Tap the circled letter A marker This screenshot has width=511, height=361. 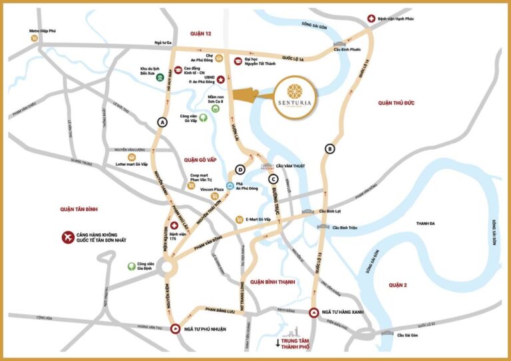(160, 122)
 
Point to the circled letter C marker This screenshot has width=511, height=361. (273, 179)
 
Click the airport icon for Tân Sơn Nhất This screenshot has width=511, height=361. (67, 237)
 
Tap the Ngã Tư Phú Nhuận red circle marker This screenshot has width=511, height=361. (175, 328)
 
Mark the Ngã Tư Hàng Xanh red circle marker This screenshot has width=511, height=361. (315, 312)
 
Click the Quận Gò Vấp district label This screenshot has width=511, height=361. (194, 160)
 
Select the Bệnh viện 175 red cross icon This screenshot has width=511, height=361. (175, 226)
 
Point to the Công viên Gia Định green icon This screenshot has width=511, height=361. (132, 266)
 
